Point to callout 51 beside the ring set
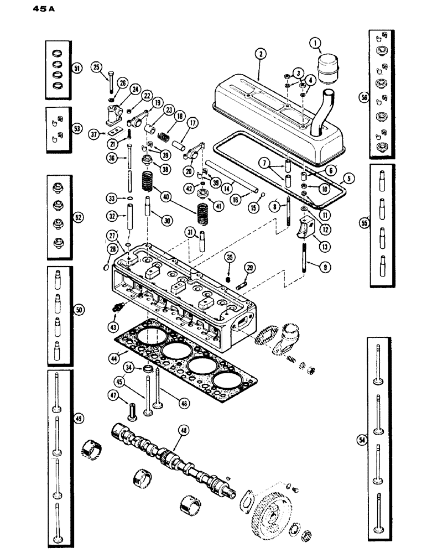[x=76, y=68]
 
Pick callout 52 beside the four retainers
[x=79, y=218]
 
